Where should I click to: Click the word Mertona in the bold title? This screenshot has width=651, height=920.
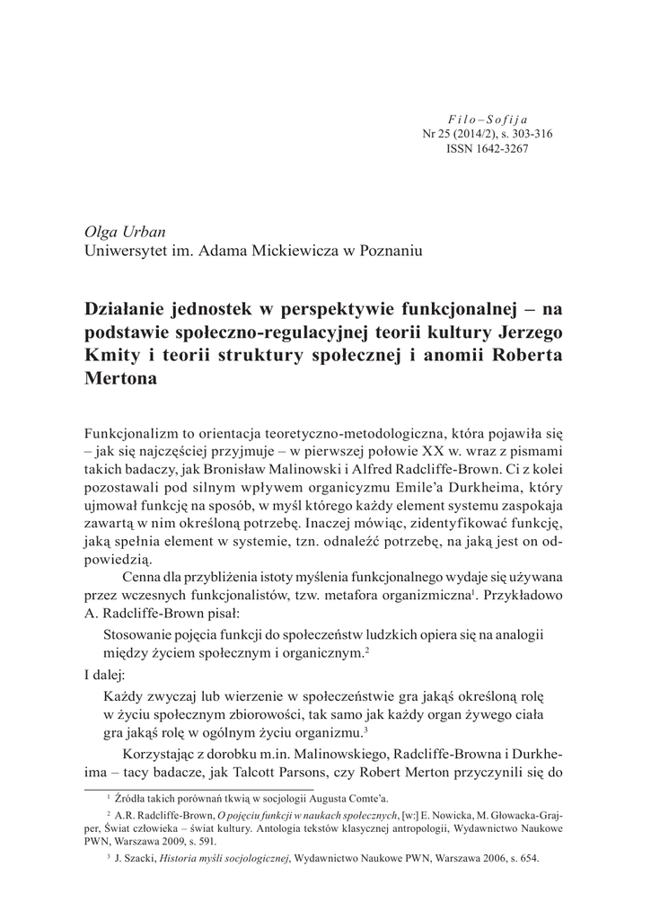(120, 378)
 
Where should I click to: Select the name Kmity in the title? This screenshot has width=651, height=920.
(109, 354)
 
